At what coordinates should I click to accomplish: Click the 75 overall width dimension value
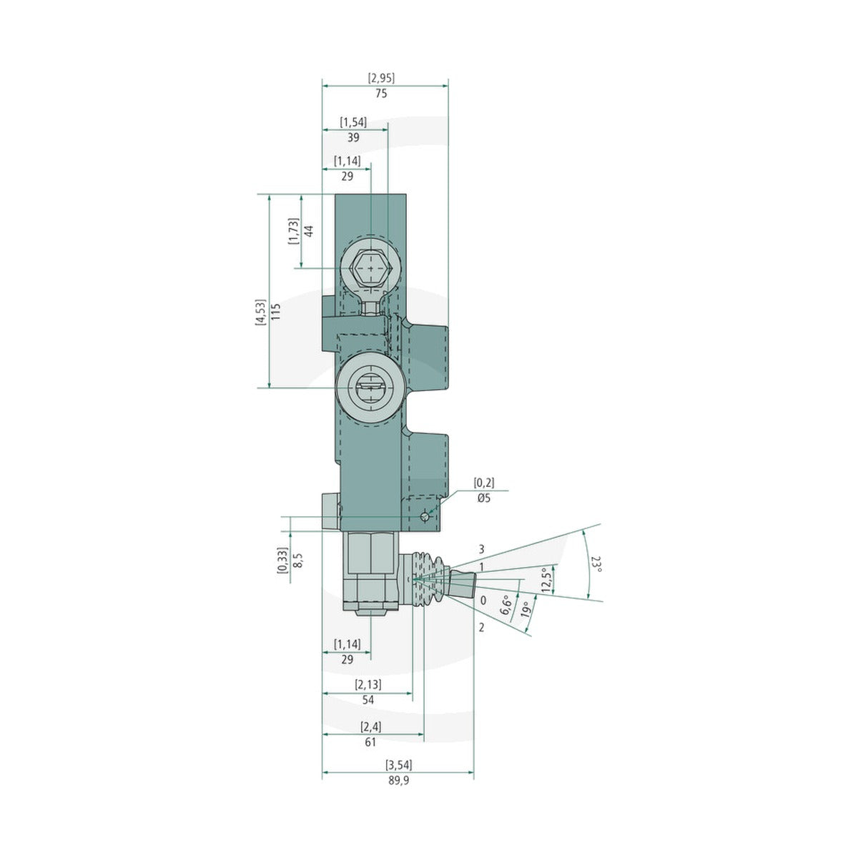(381, 94)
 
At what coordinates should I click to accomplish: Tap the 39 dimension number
(353, 137)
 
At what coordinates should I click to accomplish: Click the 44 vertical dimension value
(309, 231)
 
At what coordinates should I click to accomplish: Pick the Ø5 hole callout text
(483, 498)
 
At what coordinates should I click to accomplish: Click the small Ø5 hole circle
(425, 516)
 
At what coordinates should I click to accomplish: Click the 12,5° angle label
(547, 581)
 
